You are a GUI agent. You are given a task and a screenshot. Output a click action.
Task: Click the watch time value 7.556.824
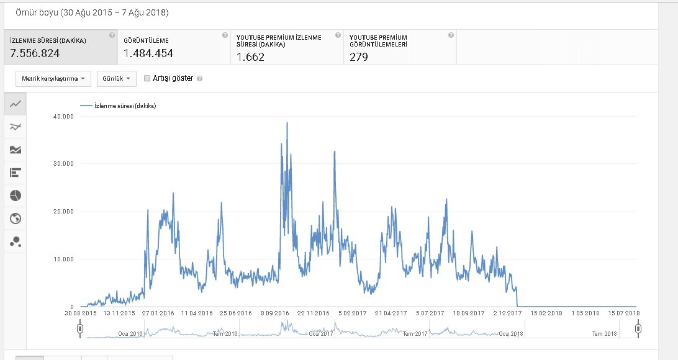click(35, 53)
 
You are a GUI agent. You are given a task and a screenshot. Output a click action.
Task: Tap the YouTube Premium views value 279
click(358, 57)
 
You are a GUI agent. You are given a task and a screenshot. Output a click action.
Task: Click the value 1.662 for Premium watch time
click(250, 57)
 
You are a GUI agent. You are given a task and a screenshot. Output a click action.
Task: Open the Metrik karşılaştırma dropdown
click(53, 79)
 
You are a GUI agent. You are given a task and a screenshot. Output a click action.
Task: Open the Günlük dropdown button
click(116, 79)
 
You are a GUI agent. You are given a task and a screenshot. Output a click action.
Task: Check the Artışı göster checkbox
click(147, 78)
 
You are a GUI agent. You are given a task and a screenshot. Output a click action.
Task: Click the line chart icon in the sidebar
click(16, 104)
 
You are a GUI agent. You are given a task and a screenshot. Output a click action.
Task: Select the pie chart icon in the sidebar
click(16, 196)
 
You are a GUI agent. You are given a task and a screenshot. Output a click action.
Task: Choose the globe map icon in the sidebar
click(16, 218)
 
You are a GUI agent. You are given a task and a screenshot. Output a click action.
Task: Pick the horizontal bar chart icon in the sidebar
click(16, 173)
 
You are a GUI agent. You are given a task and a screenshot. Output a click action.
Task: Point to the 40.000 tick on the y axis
click(63, 116)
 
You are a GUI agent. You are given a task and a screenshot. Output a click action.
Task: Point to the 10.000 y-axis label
click(63, 259)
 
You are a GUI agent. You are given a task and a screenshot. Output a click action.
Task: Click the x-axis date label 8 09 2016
click(275, 313)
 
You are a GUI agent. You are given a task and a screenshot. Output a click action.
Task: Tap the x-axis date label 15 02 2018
click(546, 313)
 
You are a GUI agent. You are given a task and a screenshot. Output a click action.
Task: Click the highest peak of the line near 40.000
click(287, 123)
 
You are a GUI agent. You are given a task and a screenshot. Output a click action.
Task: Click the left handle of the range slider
click(80, 330)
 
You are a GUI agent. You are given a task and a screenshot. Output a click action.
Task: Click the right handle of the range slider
click(638, 330)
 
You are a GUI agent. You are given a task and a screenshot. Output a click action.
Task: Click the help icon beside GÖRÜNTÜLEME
click(225, 35)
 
